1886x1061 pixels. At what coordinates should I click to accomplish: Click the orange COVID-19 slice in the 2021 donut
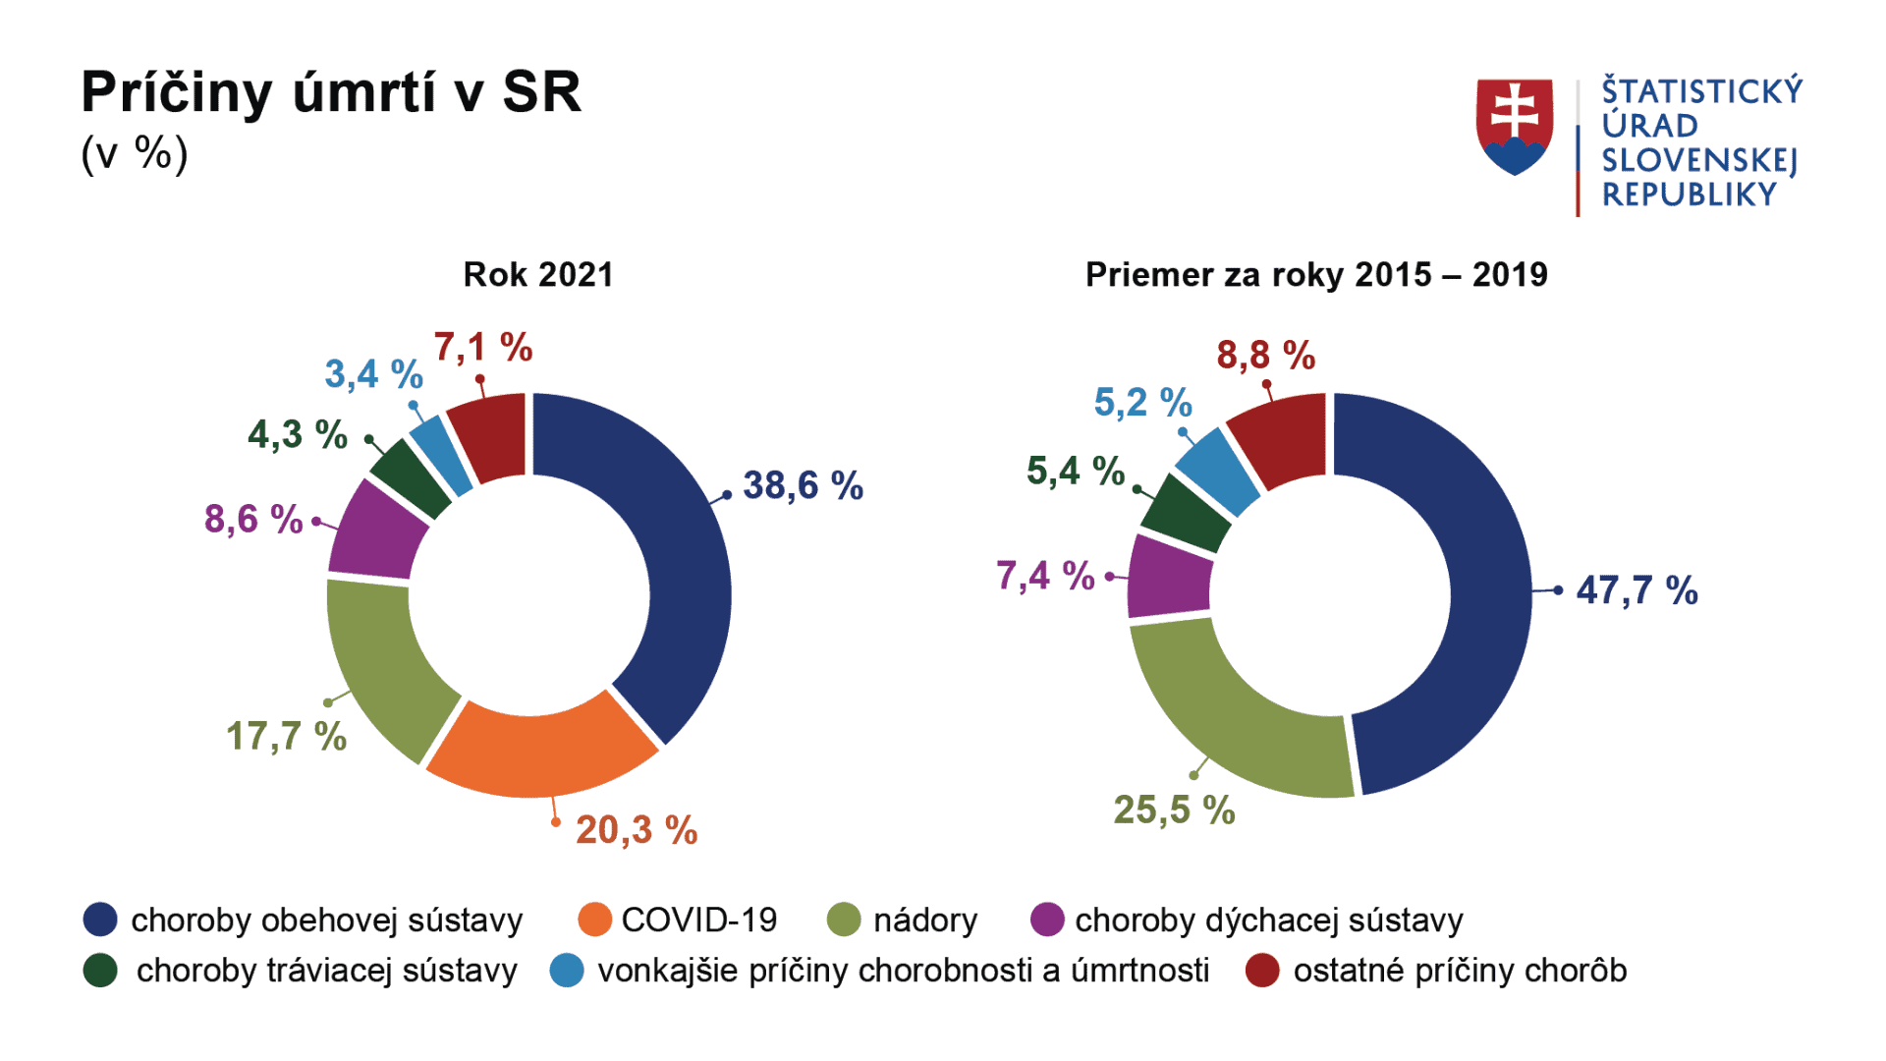(x=540, y=752)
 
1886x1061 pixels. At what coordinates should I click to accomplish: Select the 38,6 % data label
(x=803, y=485)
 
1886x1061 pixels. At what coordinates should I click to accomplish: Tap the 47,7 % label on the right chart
(x=1636, y=590)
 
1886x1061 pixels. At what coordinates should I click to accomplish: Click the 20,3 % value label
(x=637, y=830)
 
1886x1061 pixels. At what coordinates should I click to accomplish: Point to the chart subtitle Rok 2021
(x=538, y=275)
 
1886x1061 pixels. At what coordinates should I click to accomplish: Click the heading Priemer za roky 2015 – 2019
(x=1316, y=275)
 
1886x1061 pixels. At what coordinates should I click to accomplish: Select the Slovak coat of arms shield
(x=1515, y=126)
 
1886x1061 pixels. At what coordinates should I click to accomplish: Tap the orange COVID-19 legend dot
(x=595, y=920)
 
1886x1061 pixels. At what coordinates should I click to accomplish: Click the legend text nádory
(x=925, y=921)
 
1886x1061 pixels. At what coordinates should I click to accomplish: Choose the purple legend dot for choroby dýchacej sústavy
(x=1047, y=920)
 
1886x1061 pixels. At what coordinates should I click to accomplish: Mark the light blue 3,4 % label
(x=373, y=374)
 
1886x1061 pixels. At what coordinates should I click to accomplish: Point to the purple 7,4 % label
(x=1045, y=576)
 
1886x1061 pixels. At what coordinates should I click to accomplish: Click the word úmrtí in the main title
(x=363, y=93)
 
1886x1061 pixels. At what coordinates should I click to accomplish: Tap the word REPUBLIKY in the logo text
(x=1690, y=195)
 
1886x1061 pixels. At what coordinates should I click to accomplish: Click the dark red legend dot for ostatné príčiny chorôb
(x=1262, y=971)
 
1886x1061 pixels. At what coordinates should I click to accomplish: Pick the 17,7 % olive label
(x=286, y=736)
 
